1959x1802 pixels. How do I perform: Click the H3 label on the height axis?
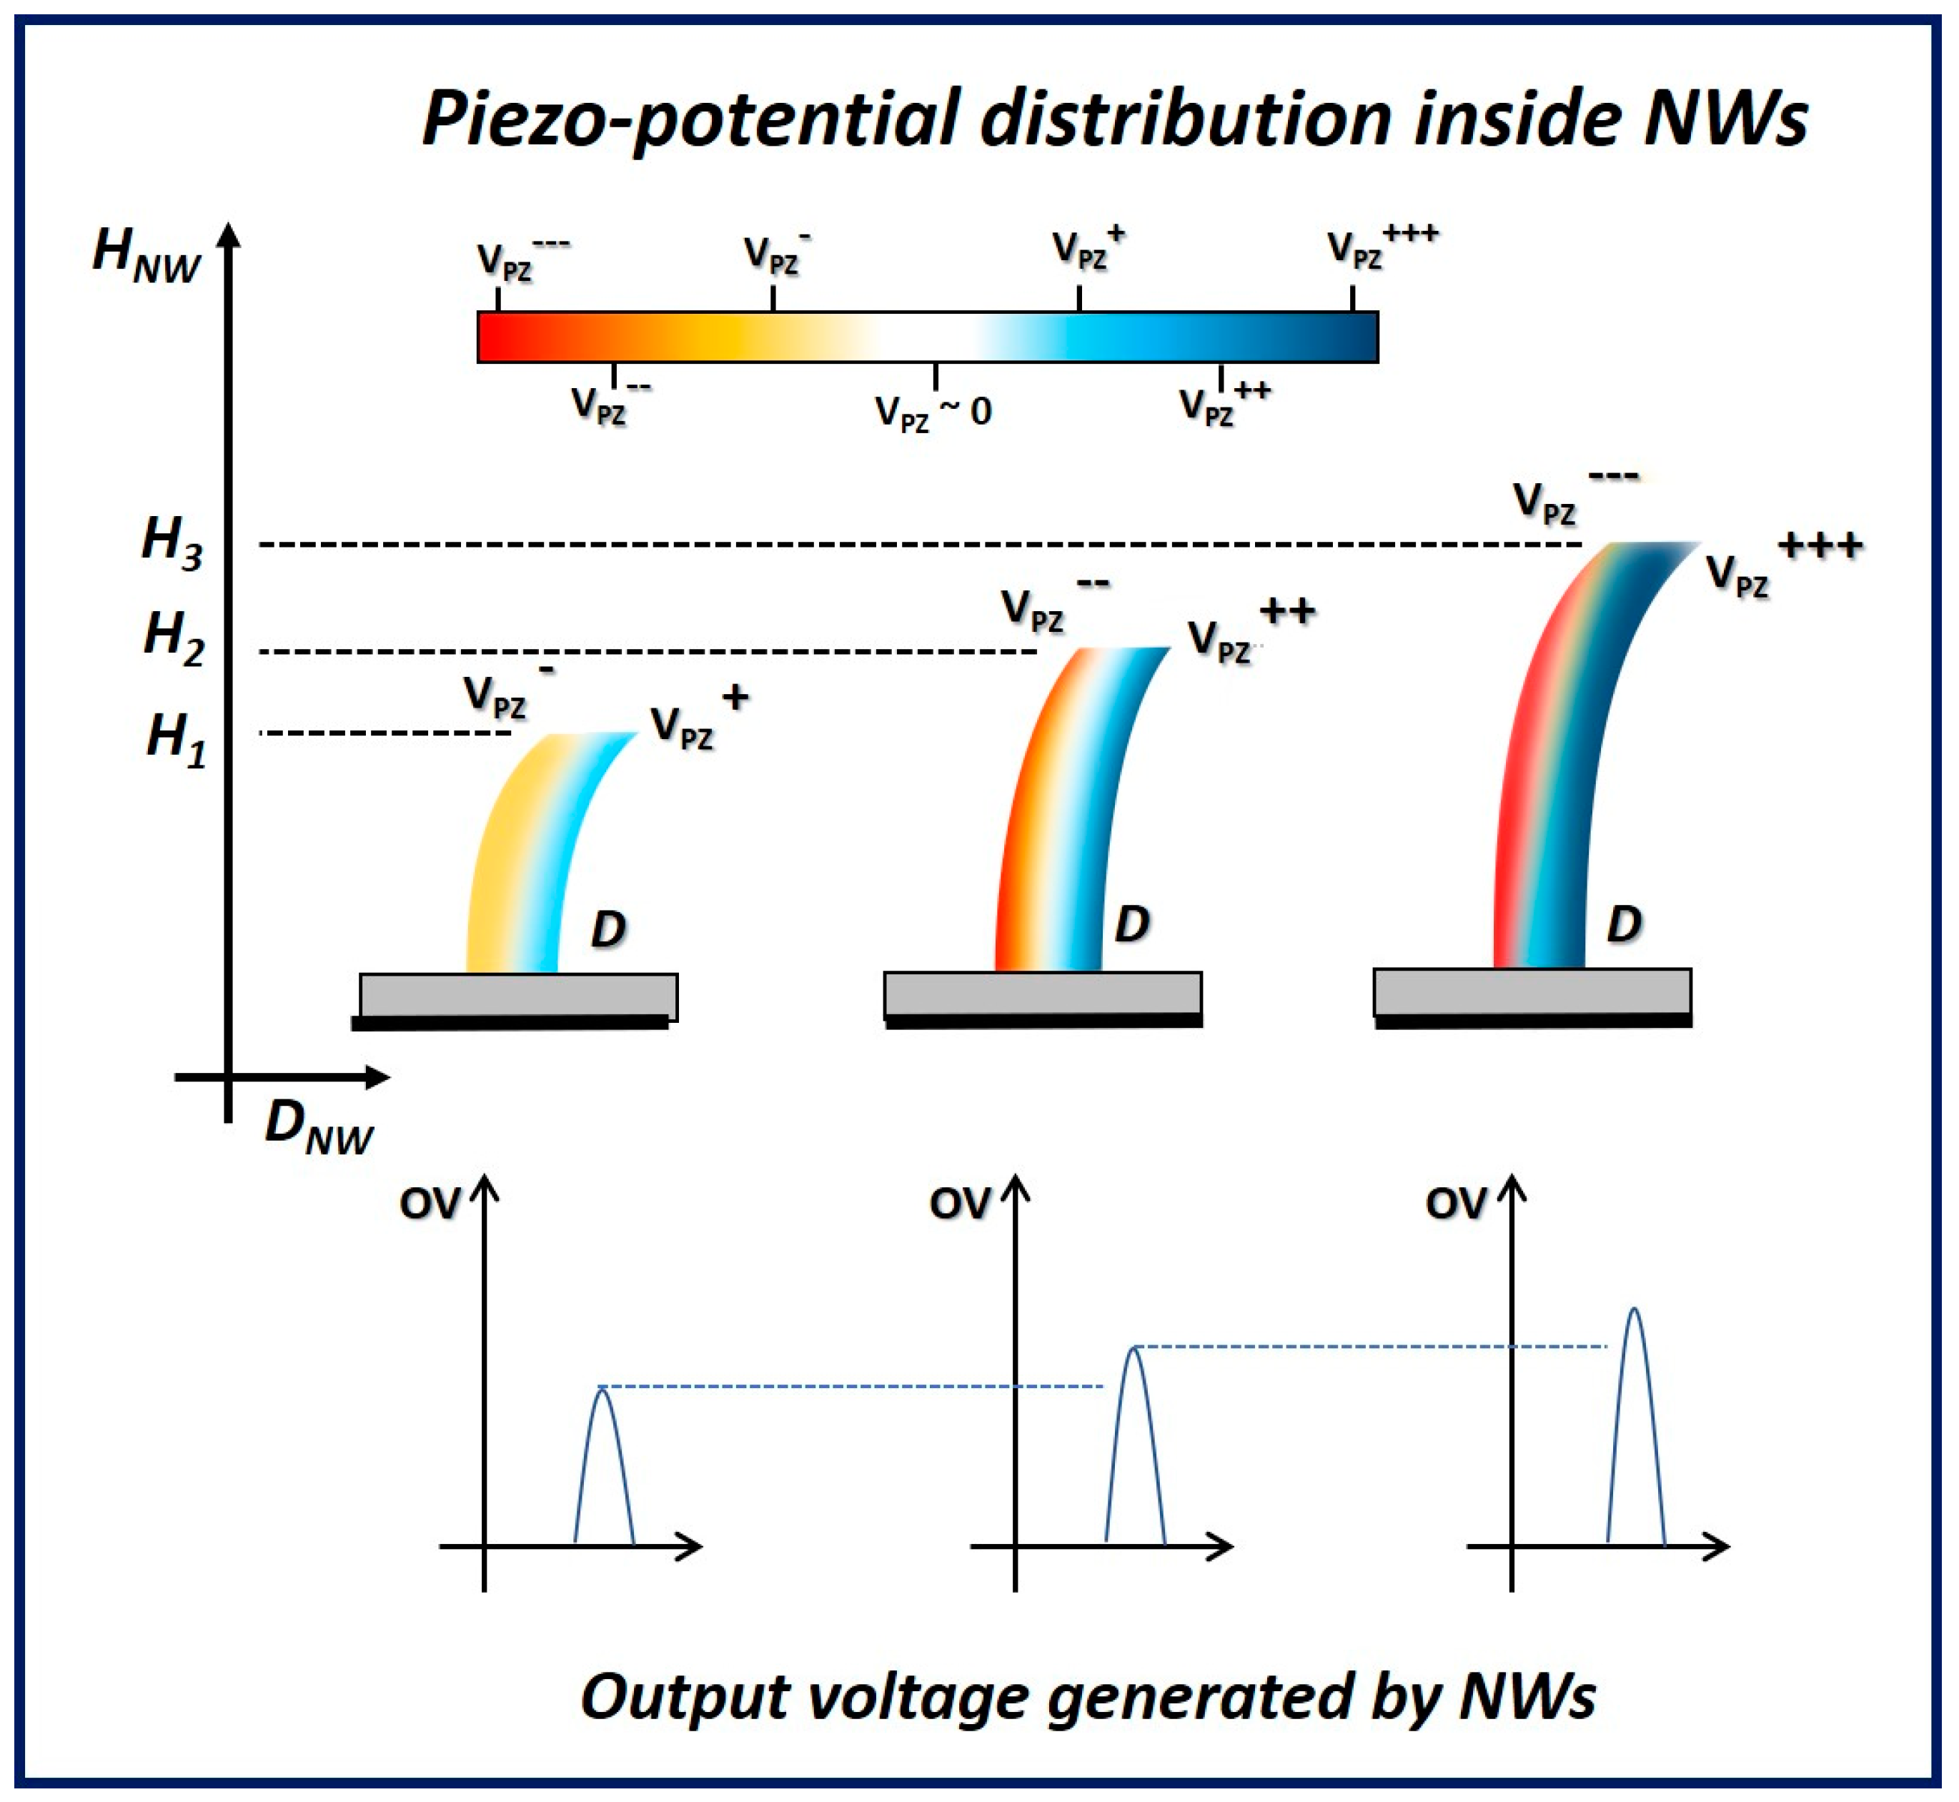172,542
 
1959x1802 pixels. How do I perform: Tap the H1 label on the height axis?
176,738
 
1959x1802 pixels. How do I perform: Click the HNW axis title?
147,255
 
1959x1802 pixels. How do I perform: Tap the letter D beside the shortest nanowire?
607,929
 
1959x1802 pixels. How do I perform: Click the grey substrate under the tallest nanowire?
1532,993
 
